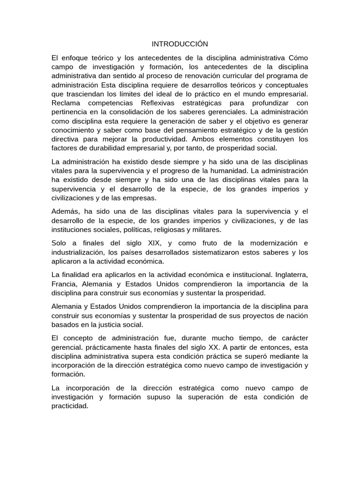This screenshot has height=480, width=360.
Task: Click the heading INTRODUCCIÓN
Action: [x=180, y=44]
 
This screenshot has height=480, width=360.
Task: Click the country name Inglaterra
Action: [x=290, y=275]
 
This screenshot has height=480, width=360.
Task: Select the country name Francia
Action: [x=64, y=284]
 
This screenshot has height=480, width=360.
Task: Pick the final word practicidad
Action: [x=70, y=406]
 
